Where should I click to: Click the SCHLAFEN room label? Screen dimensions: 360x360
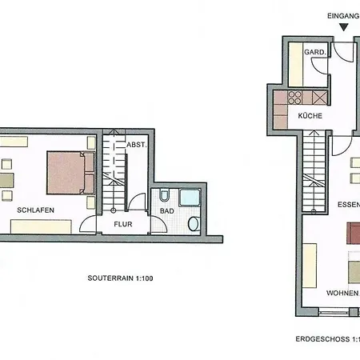pyautogui.click(x=35, y=210)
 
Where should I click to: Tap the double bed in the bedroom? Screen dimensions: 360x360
pyautogui.click(x=70, y=173)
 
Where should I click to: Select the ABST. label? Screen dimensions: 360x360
pyautogui.click(x=137, y=145)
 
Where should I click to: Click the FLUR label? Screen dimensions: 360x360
pyautogui.click(x=123, y=224)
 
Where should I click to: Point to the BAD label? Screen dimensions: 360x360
pyautogui.click(x=167, y=211)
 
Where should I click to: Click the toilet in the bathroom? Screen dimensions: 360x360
pyautogui.click(x=164, y=195)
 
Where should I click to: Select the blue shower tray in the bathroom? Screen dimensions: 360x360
pyautogui.click(x=190, y=198)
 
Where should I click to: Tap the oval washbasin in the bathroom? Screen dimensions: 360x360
pyautogui.click(x=194, y=224)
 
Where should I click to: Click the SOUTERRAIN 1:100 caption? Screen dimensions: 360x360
pyautogui.click(x=120, y=278)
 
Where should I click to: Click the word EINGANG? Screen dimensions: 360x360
pyautogui.click(x=343, y=16)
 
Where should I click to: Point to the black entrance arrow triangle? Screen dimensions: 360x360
pyautogui.click(x=344, y=27)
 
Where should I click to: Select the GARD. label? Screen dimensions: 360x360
pyautogui.click(x=315, y=52)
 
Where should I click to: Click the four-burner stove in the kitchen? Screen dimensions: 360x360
pyautogui.click(x=294, y=98)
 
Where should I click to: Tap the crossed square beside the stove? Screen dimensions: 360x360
pyautogui.click(x=319, y=98)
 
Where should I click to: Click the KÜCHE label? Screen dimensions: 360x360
pyautogui.click(x=310, y=116)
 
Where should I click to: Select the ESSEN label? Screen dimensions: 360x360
pyautogui.click(x=349, y=205)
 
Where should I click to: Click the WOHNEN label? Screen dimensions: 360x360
pyautogui.click(x=343, y=293)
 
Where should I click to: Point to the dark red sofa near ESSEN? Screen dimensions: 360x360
pyautogui.click(x=354, y=234)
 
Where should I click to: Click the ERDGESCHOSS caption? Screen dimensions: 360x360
pyautogui.click(x=328, y=339)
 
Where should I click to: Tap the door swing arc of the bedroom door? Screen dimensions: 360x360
pyautogui.click(x=84, y=220)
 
